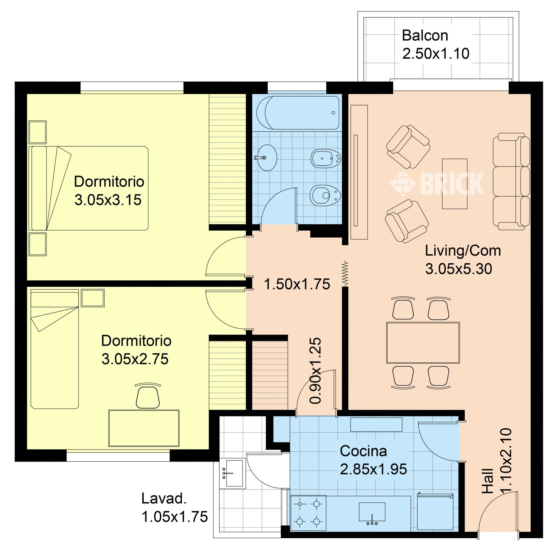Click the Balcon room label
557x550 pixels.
(425, 35)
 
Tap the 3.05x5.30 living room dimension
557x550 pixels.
(459, 269)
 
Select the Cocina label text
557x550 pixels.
(363, 451)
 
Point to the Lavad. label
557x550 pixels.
(164, 499)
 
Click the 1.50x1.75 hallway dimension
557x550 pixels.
(297, 284)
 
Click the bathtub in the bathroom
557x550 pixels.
(298, 113)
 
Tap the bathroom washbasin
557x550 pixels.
(267, 158)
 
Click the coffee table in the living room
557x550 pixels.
(455, 184)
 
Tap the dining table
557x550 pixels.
(423, 343)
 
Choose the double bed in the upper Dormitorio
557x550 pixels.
(88, 188)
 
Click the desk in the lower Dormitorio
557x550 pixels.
(144, 428)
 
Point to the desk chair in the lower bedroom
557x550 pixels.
(148, 395)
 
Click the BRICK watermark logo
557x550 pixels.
(437, 183)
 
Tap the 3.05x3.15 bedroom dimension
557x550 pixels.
(108, 200)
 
